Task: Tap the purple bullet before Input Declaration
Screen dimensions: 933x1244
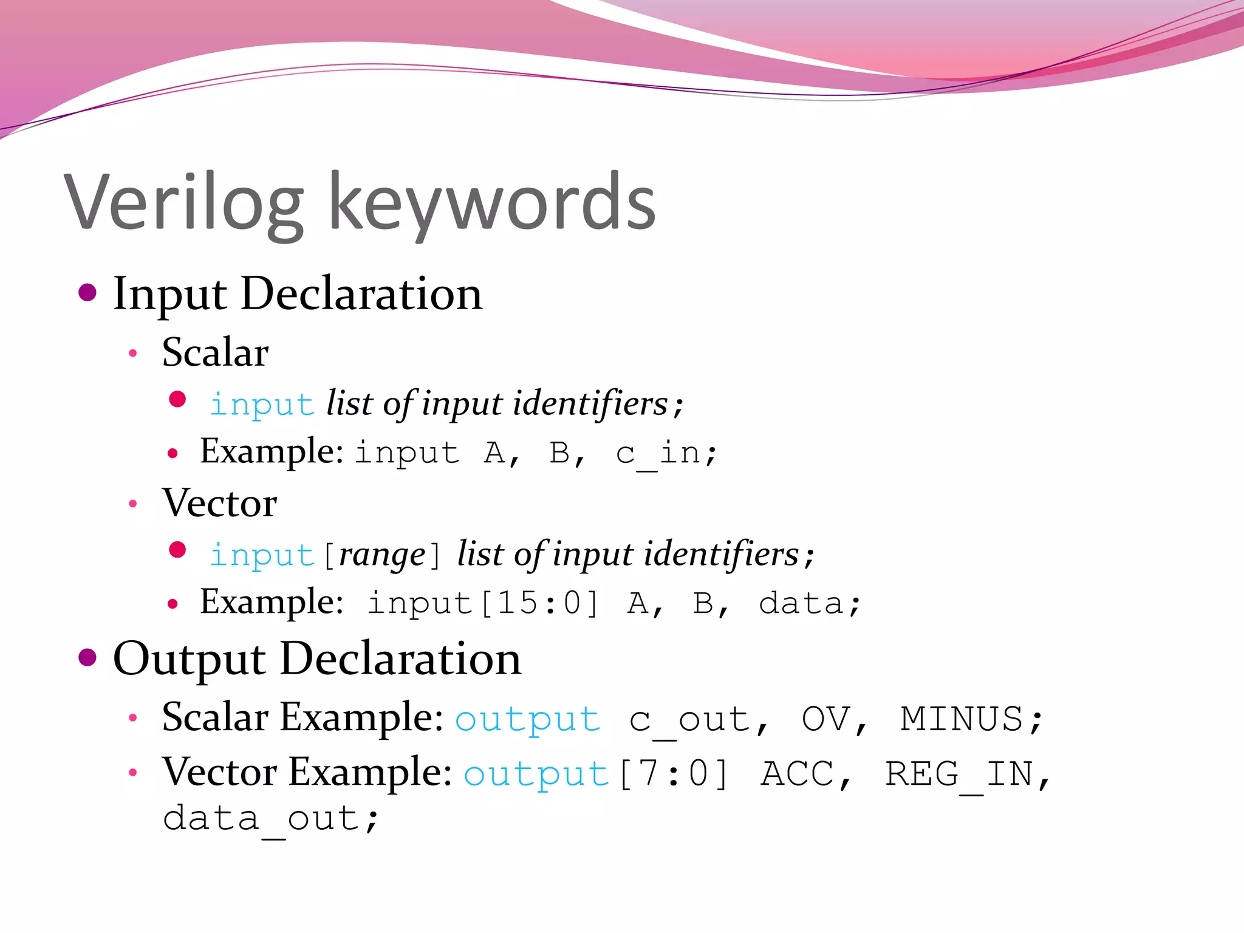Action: [88, 293]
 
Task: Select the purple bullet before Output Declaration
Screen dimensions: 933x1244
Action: [88, 658]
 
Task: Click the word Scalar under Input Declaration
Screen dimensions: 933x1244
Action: [215, 353]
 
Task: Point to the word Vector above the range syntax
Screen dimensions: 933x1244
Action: [219, 504]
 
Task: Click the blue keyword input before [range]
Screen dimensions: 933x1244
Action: [261, 555]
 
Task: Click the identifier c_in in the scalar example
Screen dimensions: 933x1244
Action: [665, 453]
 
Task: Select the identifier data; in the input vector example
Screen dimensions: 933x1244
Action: [809, 604]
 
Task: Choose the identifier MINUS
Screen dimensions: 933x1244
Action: [969, 720]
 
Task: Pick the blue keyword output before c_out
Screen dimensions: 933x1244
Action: [527, 720]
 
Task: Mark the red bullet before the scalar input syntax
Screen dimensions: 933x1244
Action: [177, 400]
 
